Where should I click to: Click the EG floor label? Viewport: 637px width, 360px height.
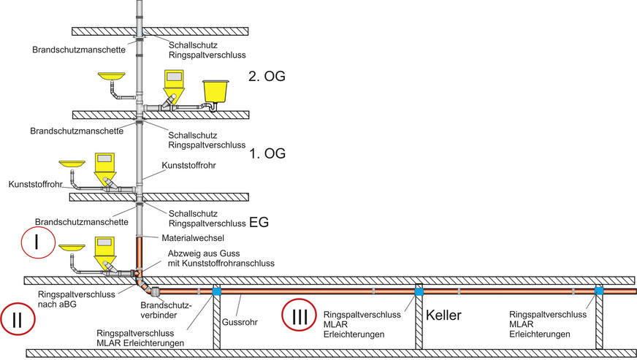pyautogui.click(x=259, y=222)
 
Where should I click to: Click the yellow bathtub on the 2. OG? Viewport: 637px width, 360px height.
pyautogui.click(x=215, y=91)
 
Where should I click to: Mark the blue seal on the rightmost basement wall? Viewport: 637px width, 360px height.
pyautogui.click(x=599, y=291)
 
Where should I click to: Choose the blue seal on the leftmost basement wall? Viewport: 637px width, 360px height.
pyautogui.click(x=216, y=291)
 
